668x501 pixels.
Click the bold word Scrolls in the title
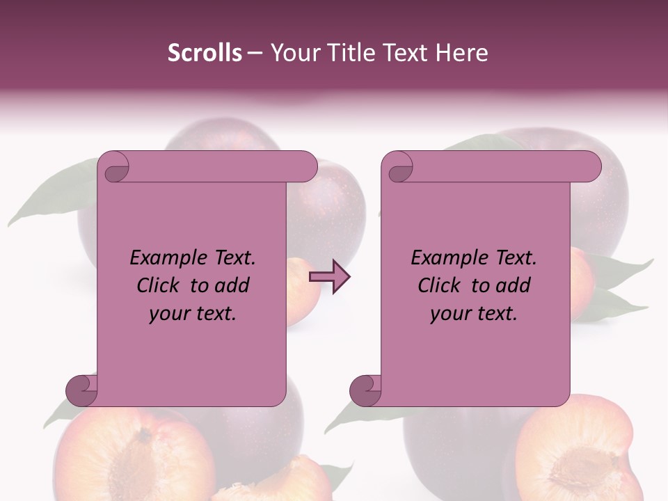[205, 53]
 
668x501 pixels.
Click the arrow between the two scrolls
[329, 276]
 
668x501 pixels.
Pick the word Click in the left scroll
[159, 286]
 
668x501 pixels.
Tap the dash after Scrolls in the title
[255, 53]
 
